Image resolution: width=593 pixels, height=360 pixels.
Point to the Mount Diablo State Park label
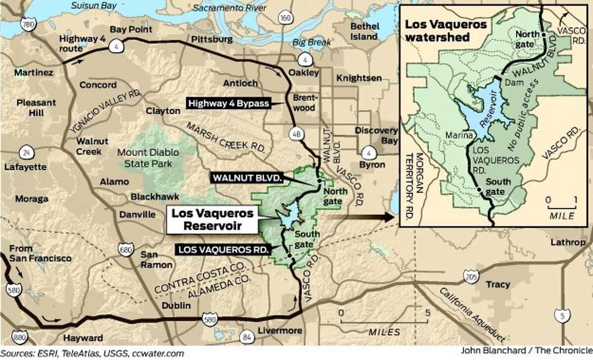pyautogui.click(x=144, y=157)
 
